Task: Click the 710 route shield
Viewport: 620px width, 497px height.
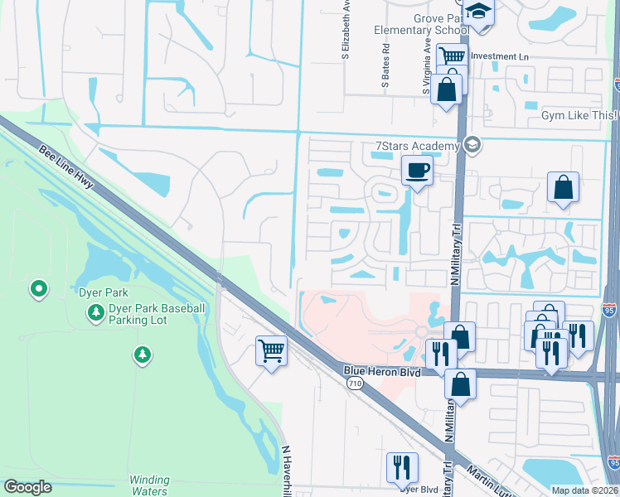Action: click(355, 384)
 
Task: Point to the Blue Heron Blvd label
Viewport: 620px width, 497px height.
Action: click(382, 373)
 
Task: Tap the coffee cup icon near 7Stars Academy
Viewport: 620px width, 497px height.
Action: click(417, 171)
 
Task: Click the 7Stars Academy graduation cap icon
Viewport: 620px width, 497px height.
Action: click(472, 146)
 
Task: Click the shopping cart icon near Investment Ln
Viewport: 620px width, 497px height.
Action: click(452, 57)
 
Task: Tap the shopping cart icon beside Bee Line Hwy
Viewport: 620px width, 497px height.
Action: click(271, 351)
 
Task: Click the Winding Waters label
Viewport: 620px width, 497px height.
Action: click(149, 485)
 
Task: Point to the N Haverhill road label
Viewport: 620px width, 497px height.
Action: click(287, 468)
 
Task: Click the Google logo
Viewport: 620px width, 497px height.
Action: click(28, 487)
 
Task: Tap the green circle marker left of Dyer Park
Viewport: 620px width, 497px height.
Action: click(38, 290)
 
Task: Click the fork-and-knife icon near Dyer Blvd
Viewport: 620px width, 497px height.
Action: click(402, 466)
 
